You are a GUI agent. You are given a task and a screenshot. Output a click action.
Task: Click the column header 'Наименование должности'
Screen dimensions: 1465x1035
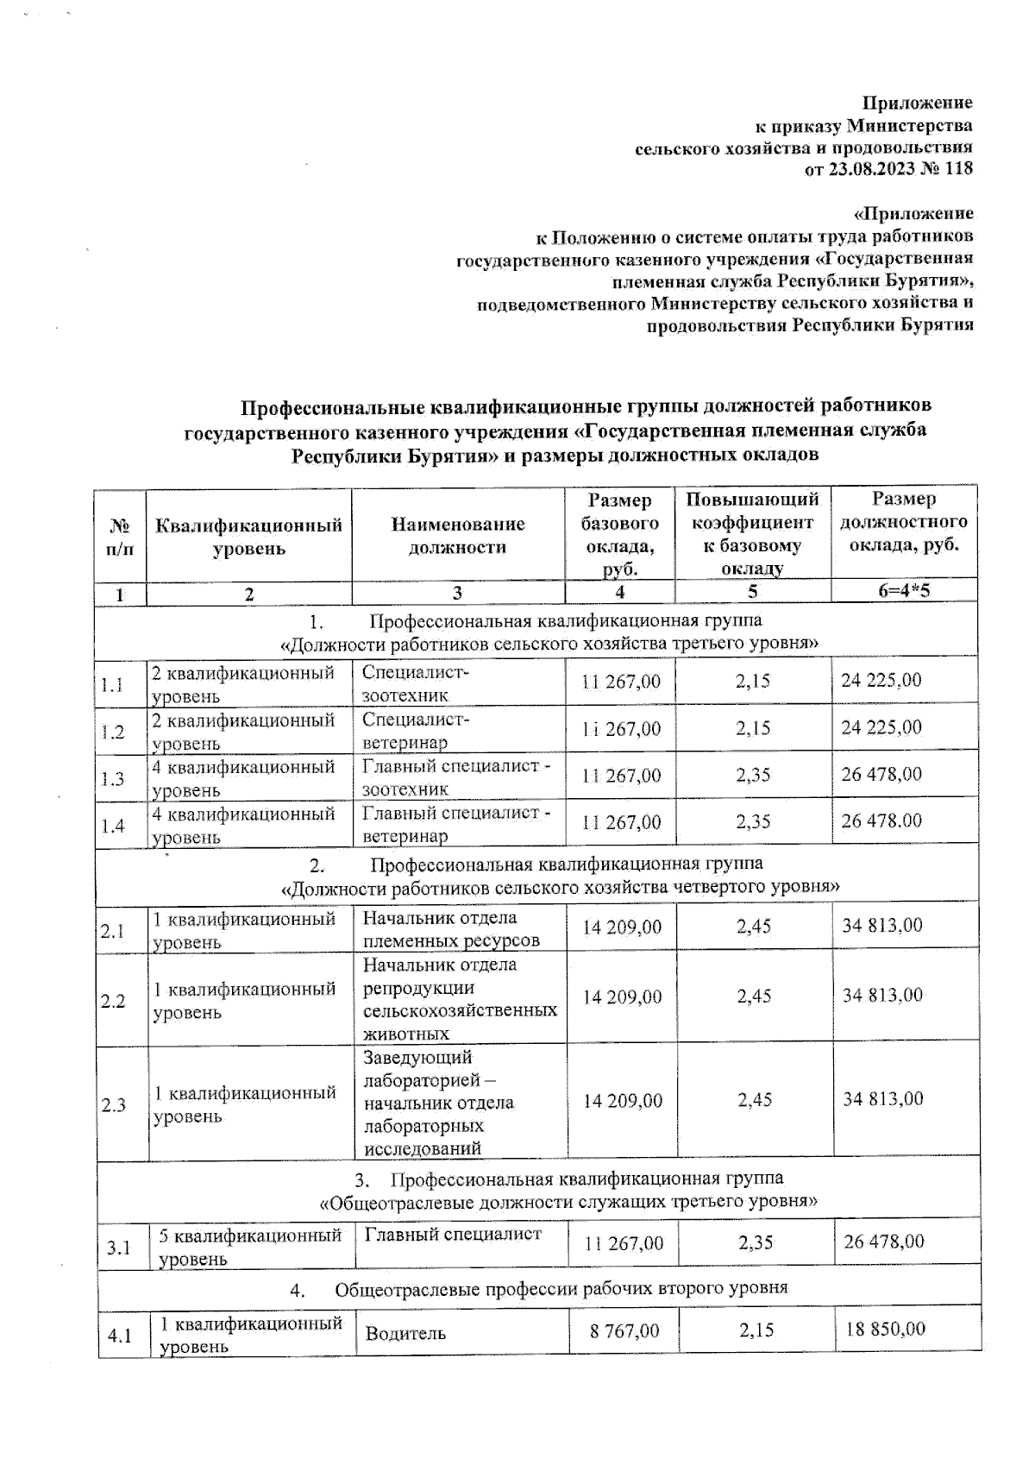click(x=457, y=536)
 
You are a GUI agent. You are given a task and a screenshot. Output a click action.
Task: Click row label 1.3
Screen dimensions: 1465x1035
click(x=112, y=779)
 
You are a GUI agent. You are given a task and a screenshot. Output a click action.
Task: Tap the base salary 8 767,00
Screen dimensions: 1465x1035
click(x=624, y=1331)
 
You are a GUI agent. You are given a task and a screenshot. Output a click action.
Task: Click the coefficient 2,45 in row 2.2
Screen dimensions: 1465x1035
click(x=754, y=997)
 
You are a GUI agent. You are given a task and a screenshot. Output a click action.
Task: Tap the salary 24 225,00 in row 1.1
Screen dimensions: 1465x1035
click(x=881, y=680)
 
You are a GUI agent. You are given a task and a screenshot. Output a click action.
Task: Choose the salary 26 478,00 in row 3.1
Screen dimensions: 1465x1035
click(x=883, y=1242)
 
